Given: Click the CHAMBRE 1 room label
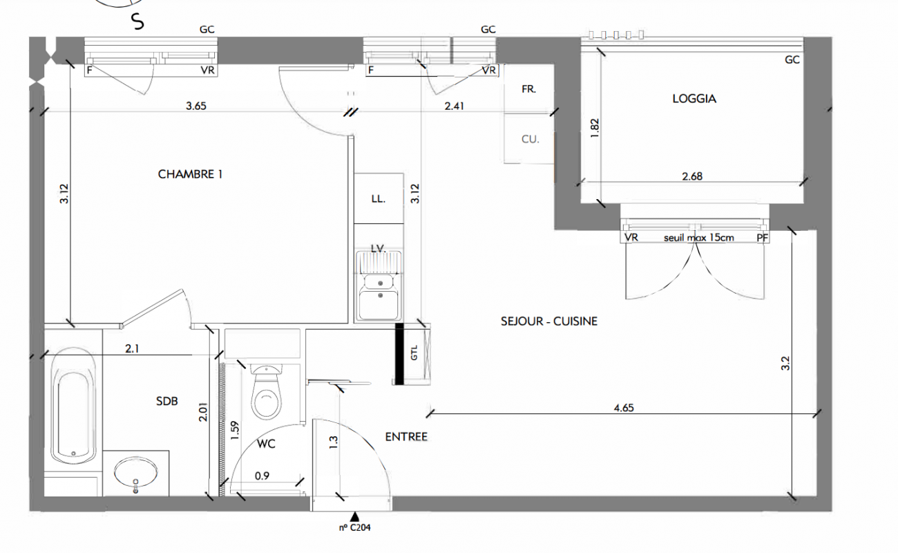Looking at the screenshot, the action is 190,174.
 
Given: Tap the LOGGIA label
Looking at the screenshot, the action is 694,99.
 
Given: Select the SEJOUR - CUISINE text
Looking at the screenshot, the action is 549,321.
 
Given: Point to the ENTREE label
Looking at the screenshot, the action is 406,437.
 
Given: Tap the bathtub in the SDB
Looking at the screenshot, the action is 73,406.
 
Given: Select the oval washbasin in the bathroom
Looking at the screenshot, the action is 135,473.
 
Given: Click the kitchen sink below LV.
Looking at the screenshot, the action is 379,285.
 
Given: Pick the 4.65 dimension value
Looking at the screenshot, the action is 624,408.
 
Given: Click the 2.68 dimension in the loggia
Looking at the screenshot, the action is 692,176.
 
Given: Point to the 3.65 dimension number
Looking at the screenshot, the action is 196,106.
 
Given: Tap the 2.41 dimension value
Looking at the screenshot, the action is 455,106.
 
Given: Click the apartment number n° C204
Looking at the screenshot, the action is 355,527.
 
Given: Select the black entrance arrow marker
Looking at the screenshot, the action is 354,516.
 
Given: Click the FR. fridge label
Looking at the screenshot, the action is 528,89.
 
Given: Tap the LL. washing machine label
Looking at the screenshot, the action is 379,198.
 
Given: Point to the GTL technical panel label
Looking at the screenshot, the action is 414,353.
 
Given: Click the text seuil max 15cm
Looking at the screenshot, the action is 699,238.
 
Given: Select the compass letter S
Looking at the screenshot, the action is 138,21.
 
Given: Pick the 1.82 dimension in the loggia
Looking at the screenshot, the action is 595,129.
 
